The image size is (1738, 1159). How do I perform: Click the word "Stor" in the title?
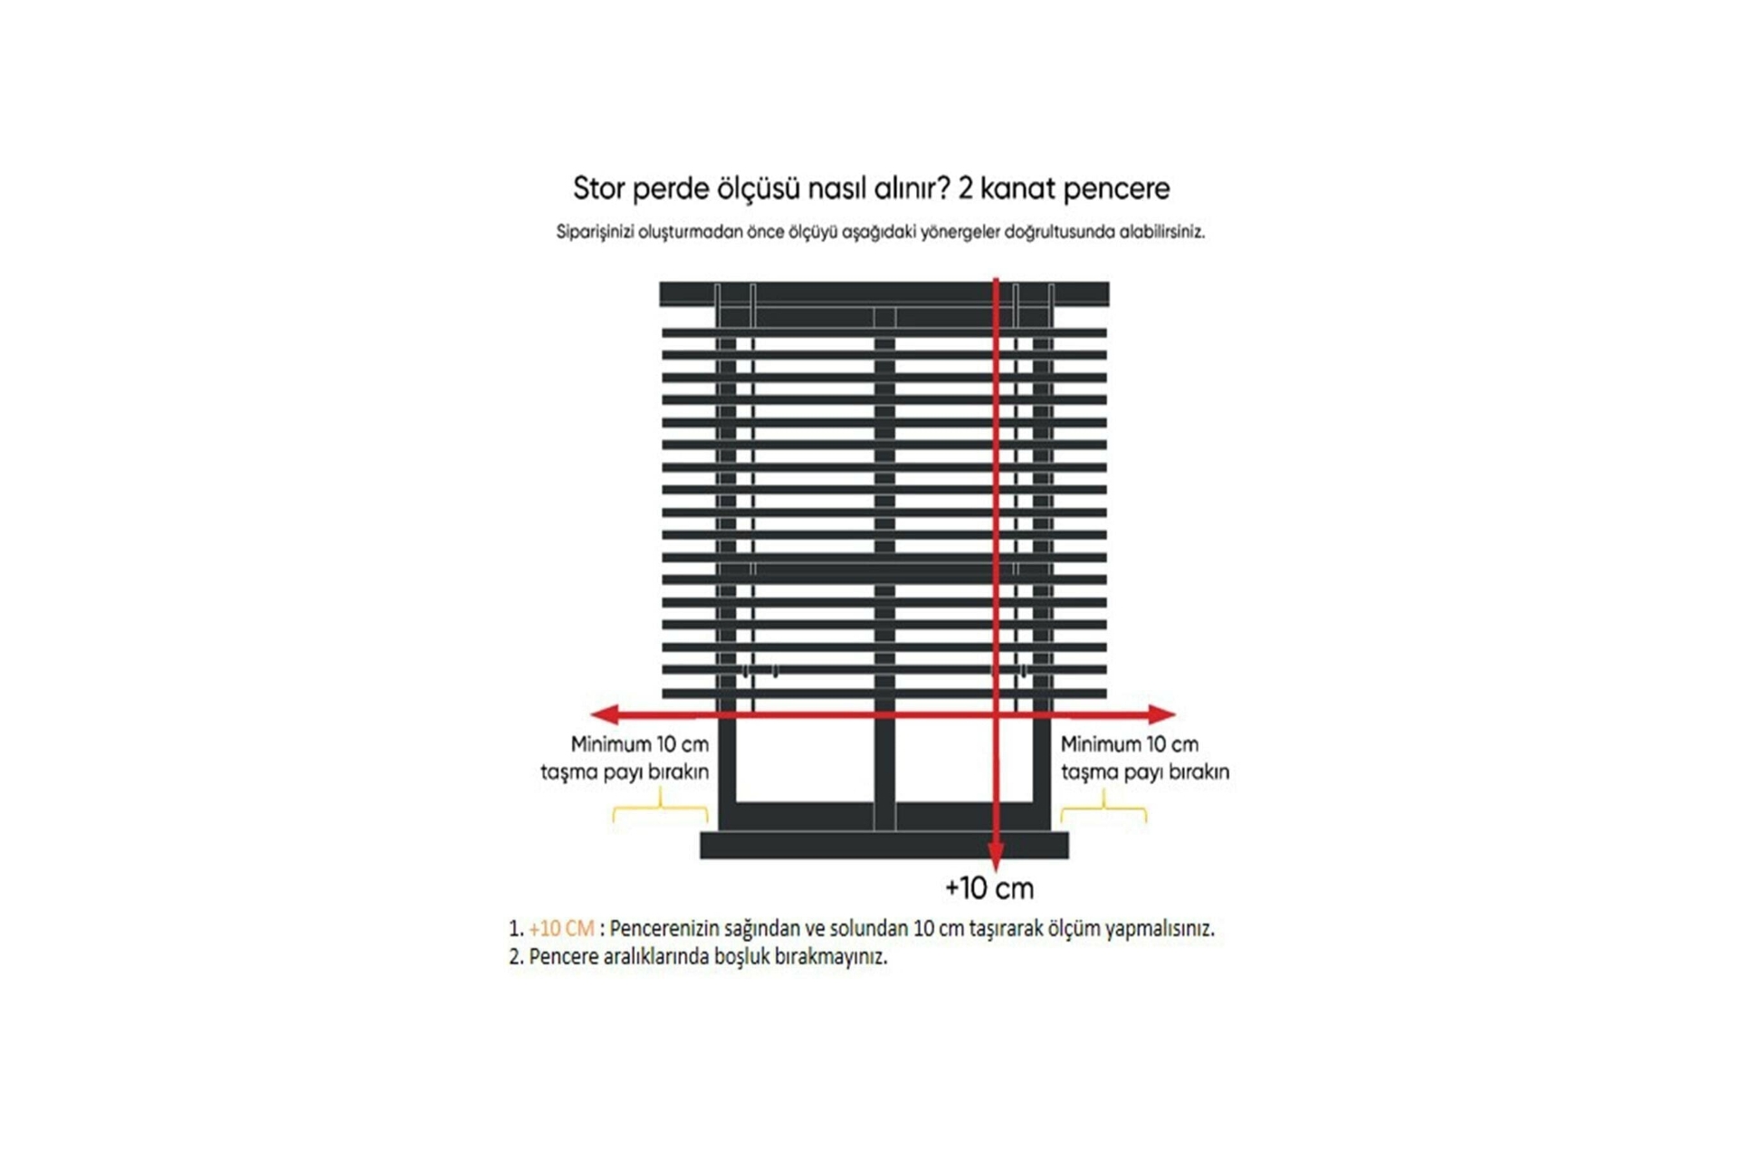598,188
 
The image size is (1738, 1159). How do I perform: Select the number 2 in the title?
966,188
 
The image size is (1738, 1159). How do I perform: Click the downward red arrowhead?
996,857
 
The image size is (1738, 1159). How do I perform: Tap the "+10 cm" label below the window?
988,888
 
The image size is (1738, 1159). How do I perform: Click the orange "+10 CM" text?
561,928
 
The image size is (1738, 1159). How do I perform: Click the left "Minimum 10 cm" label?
639,744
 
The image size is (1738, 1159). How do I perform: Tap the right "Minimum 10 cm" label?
1130,744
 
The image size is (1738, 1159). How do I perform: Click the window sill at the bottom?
884,845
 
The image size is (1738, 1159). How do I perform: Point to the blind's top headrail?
883,293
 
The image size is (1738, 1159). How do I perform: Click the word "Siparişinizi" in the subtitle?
595,232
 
